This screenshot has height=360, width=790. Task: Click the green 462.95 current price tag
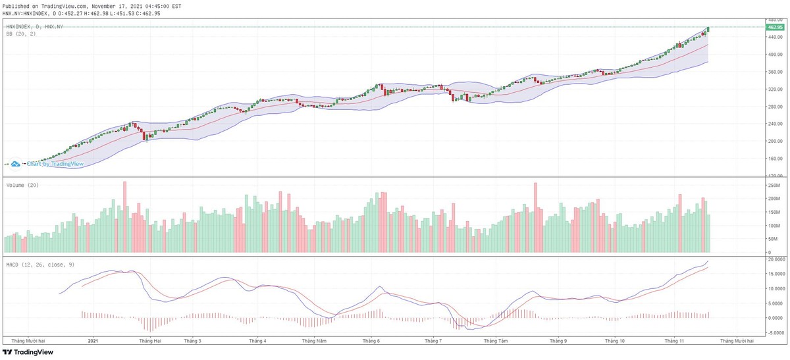coord(774,27)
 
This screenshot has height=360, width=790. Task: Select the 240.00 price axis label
coord(774,124)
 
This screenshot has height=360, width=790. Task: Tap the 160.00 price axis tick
coord(774,159)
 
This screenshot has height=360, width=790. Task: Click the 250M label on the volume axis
coord(774,185)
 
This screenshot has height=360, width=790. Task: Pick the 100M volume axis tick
coord(774,226)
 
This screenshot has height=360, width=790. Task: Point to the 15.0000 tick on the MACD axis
coord(774,274)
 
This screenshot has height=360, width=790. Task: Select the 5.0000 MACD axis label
coord(774,303)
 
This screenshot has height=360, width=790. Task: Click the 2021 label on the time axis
coord(93,342)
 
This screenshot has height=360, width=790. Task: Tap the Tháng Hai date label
coord(150,342)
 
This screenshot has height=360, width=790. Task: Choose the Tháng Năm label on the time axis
coord(314,342)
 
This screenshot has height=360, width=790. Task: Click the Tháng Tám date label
coord(495,342)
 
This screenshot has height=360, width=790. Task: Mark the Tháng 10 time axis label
coord(615,342)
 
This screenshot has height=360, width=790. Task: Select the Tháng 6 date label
coord(371,342)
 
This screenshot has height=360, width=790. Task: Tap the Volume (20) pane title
coord(22,186)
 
